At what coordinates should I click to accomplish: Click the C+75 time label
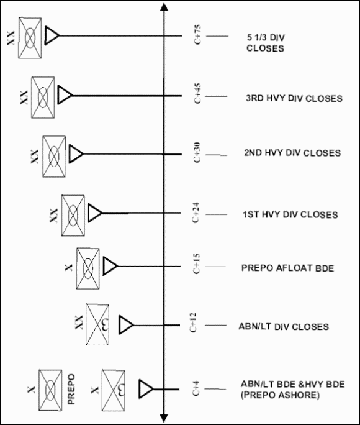tap(198, 35)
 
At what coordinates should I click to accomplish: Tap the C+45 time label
tap(197, 93)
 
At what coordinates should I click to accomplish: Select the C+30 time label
tap(197, 152)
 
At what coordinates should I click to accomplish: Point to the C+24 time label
tap(196, 212)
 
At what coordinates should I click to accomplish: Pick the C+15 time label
tap(196, 263)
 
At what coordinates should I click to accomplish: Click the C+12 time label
tap(193, 322)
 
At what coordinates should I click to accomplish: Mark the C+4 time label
tap(196, 388)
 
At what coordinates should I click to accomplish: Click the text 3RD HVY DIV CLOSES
tap(294, 98)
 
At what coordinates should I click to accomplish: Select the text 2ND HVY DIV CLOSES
tap(292, 153)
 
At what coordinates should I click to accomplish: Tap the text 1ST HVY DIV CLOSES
tap(290, 214)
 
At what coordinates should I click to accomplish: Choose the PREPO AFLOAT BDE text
tap(288, 268)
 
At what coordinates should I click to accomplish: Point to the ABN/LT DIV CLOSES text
tap(284, 327)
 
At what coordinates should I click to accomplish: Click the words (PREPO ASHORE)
tap(280, 395)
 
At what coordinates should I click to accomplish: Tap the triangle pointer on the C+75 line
tap(52, 35)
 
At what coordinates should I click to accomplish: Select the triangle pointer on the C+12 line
tap(126, 325)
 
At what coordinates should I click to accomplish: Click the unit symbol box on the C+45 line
tap(43, 98)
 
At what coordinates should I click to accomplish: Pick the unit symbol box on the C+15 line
tap(88, 268)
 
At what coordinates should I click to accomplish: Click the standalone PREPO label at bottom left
tap(71, 389)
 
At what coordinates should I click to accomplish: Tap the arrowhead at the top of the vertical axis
tap(164, 7)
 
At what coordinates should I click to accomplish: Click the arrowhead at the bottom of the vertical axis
tap(164, 418)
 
